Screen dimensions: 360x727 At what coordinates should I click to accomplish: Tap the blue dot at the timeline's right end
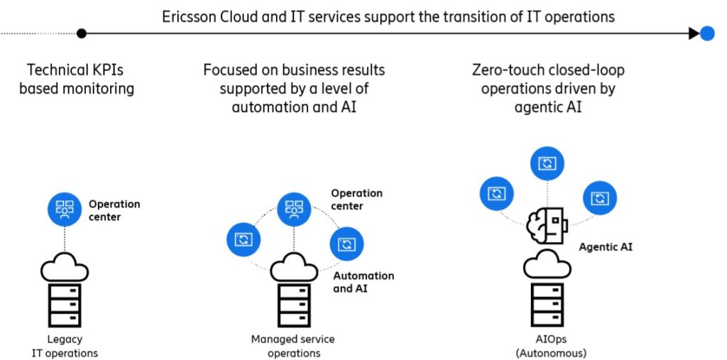click(707, 33)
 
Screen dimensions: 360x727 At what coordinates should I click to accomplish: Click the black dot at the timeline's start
click(82, 33)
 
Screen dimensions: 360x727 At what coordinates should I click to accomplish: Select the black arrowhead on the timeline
click(694, 33)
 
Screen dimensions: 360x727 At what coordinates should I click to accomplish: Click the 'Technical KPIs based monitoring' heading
click(76, 79)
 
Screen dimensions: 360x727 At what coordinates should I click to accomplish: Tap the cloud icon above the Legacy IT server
click(65, 270)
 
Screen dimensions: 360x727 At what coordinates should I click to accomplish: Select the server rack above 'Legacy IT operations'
click(65, 305)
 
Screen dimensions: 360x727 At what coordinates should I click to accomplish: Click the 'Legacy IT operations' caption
click(65, 346)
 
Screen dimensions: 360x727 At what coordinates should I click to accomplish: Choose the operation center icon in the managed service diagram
click(293, 208)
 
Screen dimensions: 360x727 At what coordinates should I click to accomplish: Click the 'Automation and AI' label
click(363, 282)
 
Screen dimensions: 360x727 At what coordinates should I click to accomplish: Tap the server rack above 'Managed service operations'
click(293, 305)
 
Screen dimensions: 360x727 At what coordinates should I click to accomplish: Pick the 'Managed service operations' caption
click(293, 346)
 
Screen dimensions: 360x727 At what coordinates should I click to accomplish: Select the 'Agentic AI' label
click(606, 247)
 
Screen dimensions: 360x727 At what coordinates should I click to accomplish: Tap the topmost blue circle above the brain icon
click(547, 164)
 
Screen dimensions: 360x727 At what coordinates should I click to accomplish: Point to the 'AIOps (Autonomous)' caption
click(547, 346)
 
